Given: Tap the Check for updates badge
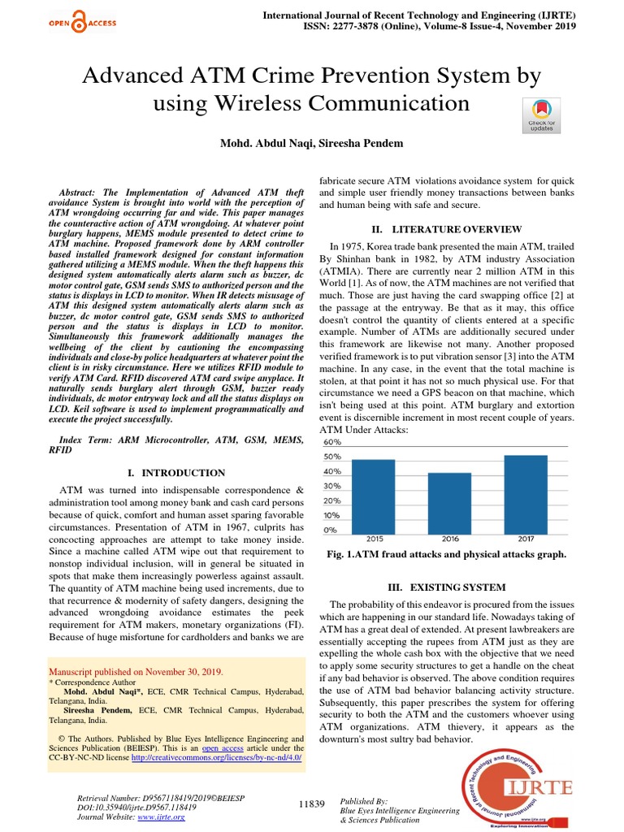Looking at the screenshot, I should coord(542,115).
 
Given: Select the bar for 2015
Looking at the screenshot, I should coord(373,495).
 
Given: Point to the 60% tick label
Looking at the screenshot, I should coord(333,442).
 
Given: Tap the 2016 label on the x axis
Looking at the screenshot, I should coord(449,539).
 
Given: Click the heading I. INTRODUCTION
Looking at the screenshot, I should coord(176,472).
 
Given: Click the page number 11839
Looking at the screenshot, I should coord(312,804).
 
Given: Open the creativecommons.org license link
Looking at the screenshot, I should coord(217,756).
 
